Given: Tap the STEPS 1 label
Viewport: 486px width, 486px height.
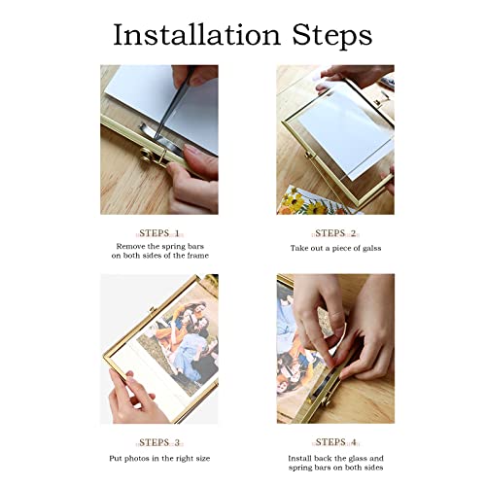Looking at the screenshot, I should tap(159, 233).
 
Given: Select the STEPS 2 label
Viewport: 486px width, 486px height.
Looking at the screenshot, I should tap(335, 233).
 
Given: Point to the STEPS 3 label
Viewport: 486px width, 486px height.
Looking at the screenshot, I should tap(159, 442).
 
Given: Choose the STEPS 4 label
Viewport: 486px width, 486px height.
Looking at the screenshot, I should tap(335, 442).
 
